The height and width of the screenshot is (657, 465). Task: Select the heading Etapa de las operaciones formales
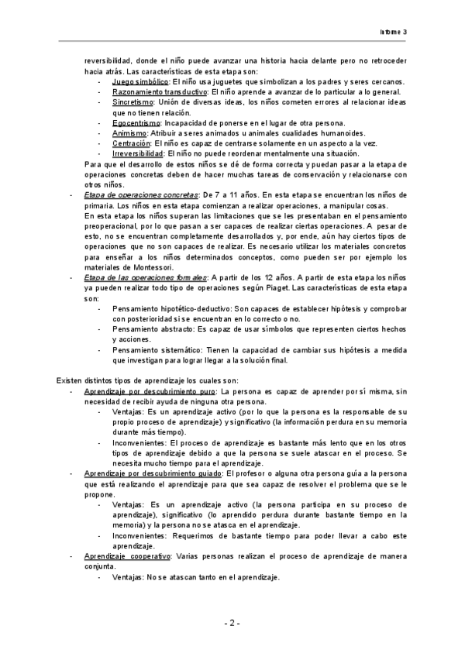tap(146, 277)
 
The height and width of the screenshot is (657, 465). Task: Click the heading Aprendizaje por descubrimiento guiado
tap(152, 473)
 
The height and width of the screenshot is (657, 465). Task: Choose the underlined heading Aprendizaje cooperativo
tap(127, 556)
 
